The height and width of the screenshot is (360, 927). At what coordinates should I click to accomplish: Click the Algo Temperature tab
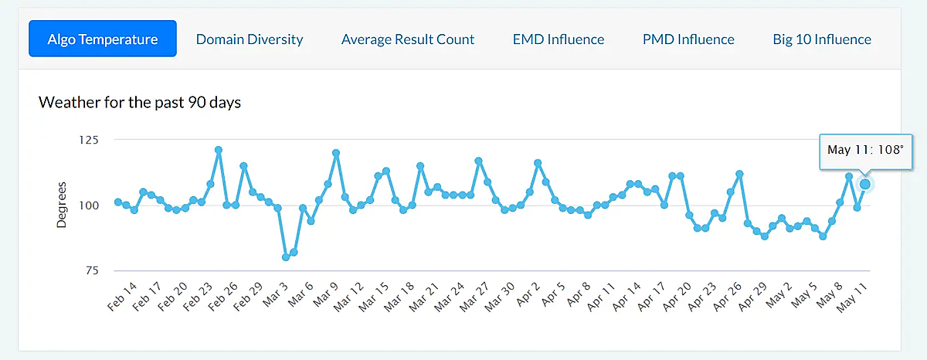click(103, 39)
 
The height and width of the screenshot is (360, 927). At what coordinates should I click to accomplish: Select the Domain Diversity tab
click(250, 39)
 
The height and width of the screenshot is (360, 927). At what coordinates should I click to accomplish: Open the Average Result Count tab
click(408, 39)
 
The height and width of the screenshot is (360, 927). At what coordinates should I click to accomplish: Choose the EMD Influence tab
click(559, 39)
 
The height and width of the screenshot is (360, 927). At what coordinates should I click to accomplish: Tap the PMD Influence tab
click(688, 39)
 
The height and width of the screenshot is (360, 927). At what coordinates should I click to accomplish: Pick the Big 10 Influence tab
click(822, 39)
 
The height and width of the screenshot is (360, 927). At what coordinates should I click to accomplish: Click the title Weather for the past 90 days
click(140, 102)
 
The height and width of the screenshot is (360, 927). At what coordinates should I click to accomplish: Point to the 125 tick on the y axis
click(89, 140)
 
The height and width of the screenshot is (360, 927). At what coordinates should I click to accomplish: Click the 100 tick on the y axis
click(89, 205)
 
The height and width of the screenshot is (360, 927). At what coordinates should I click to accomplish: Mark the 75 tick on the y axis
click(92, 270)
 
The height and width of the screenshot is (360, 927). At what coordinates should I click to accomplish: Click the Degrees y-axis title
click(63, 205)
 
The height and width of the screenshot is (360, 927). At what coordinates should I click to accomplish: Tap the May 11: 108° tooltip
click(864, 150)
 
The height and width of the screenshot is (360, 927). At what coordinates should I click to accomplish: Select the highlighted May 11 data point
click(865, 184)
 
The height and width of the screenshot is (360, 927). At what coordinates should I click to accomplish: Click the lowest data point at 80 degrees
click(286, 256)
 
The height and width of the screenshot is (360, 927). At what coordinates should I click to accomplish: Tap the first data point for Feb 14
click(117, 202)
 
